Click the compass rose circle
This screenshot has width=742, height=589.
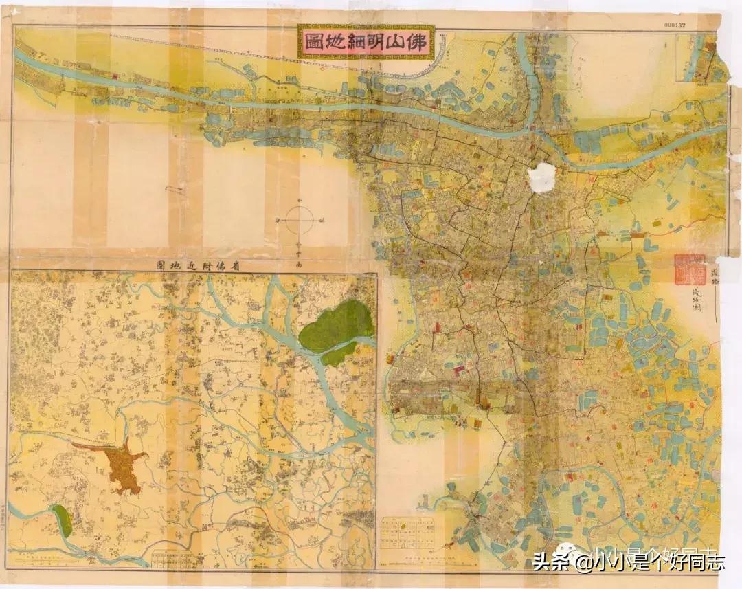coord(299,221)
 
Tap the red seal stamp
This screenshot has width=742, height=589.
coord(689,269)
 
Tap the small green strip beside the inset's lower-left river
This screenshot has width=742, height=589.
coord(61,520)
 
